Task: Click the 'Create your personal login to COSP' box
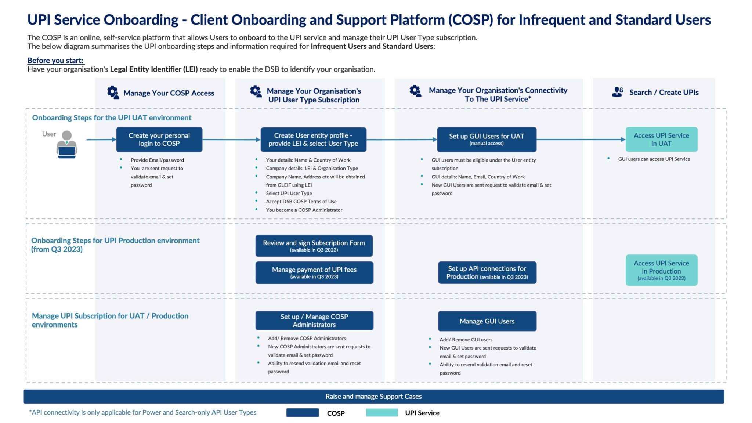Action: (159, 140)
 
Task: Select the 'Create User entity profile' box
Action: (313, 140)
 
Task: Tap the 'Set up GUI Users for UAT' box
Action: (487, 140)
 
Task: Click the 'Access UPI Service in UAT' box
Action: (661, 140)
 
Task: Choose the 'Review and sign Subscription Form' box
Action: (314, 246)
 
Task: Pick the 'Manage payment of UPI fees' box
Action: (314, 272)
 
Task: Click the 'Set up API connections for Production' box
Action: (487, 272)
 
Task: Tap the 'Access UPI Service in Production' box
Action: (661, 270)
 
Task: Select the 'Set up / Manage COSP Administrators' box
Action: (314, 321)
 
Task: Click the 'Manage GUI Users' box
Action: (487, 321)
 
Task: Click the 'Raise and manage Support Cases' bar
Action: (374, 397)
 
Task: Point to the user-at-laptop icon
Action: (66, 145)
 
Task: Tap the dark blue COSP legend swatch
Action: (303, 413)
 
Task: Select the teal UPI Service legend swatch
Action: (382, 413)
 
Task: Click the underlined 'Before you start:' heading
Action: (55, 61)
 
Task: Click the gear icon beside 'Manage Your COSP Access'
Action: (113, 92)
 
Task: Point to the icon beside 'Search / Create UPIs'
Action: (618, 92)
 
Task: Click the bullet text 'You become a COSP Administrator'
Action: (304, 210)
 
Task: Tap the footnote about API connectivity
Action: (143, 412)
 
